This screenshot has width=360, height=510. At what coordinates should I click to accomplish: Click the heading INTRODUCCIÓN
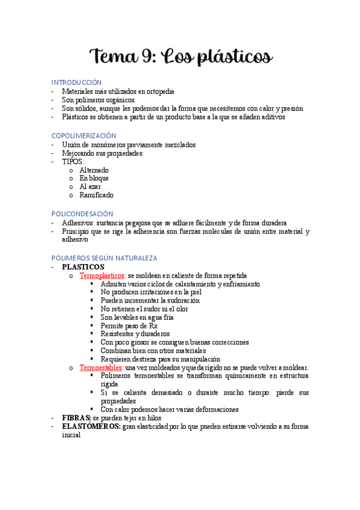click(x=76, y=82)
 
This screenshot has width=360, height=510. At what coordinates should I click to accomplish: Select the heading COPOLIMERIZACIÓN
click(x=84, y=136)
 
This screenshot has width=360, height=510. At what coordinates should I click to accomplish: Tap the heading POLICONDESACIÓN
click(x=82, y=214)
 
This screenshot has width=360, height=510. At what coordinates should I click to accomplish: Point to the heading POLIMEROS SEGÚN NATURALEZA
click(x=104, y=258)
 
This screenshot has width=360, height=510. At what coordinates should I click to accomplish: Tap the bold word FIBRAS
click(x=76, y=417)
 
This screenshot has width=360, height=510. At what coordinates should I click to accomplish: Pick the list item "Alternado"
click(x=94, y=170)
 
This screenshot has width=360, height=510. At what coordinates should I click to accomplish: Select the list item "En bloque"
click(x=94, y=179)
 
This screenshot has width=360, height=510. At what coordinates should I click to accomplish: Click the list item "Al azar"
click(x=90, y=187)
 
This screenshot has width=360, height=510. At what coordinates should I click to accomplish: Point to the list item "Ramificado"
click(x=96, y=195)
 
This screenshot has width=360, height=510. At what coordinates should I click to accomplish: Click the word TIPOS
click(x=73, y=162)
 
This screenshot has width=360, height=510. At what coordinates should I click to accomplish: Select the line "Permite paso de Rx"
click(x=129, y=325)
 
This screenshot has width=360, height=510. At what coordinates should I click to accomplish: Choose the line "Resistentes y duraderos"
click(x=135, y=334)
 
